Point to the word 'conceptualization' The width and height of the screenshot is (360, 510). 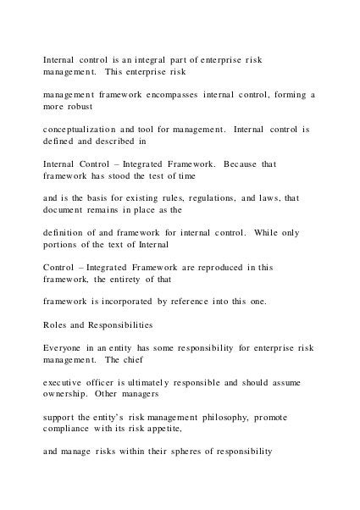pos(82,131)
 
